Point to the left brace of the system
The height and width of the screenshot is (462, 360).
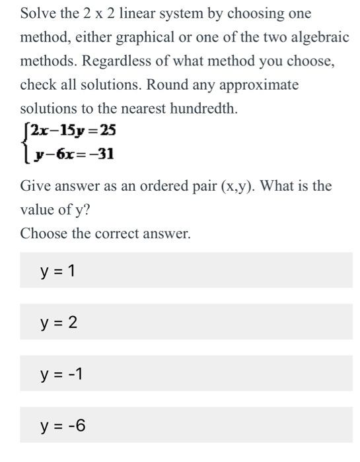[24, 141]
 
